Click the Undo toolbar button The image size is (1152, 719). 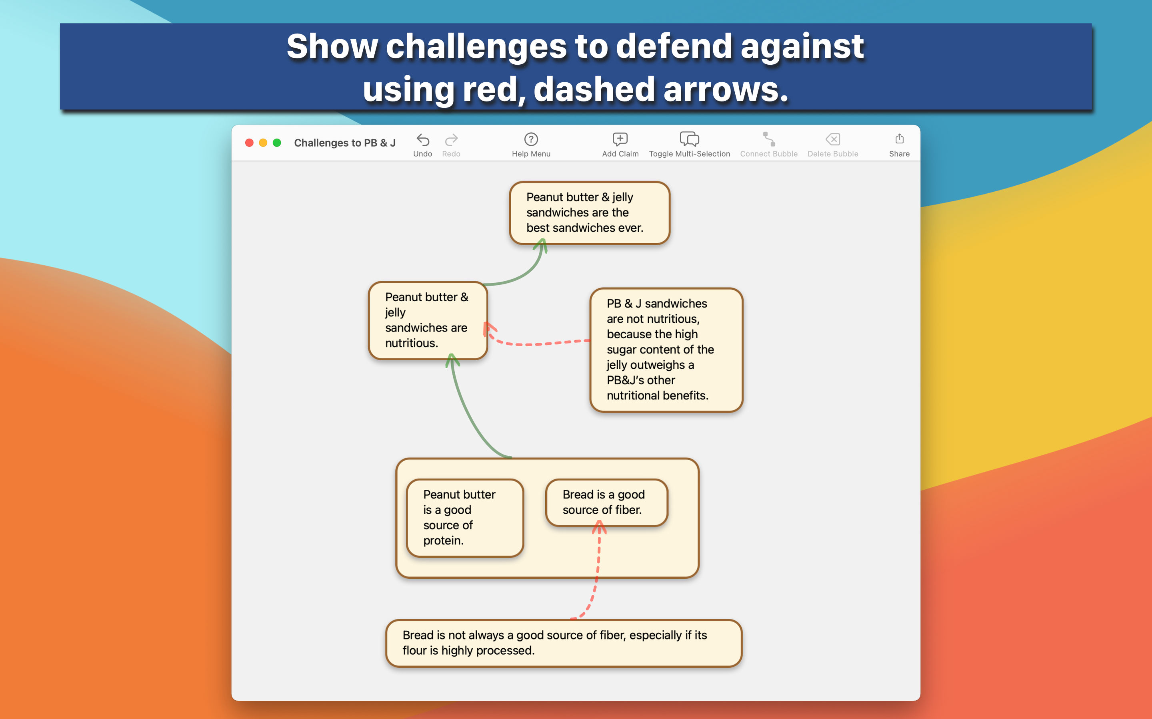click(423, 140)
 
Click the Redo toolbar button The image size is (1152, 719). click(451, 140)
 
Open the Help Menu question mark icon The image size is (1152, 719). click(531, 139)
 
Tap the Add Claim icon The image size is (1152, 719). click(620, 139)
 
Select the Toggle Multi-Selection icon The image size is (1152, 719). click(689, 139)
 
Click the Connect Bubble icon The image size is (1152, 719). click(769, 139)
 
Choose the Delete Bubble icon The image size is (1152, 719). click(832, 139)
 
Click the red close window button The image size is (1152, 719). click(249, 143)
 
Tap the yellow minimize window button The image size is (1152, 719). click(263, 143)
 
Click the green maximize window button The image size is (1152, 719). click(276, 143)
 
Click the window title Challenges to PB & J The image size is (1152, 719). click(345, 143)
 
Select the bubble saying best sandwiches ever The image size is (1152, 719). click(589, 213)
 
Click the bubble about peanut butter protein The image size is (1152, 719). click(465, 518)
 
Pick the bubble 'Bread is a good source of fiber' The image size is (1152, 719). click(606, 503)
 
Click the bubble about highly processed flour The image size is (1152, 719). click(564, 643)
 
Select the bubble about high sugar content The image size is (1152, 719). click(666, 350)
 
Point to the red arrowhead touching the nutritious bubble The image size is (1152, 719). click(489, 329)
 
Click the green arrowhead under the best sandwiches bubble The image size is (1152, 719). click(541, 244)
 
